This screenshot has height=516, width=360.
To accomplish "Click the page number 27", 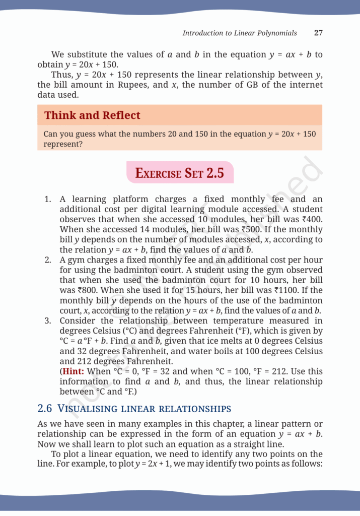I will tap(318, 33).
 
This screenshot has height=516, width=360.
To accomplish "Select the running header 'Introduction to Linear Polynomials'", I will tap(240, 33).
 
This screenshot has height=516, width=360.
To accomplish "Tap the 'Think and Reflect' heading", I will tap(92, 115).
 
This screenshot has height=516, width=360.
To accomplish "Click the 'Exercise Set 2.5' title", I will tap(180, 173).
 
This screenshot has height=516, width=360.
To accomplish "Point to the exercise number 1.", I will tap(47, 199).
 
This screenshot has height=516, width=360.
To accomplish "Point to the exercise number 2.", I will tap(47, 261).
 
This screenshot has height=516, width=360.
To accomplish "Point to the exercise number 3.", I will tap(47, 320).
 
